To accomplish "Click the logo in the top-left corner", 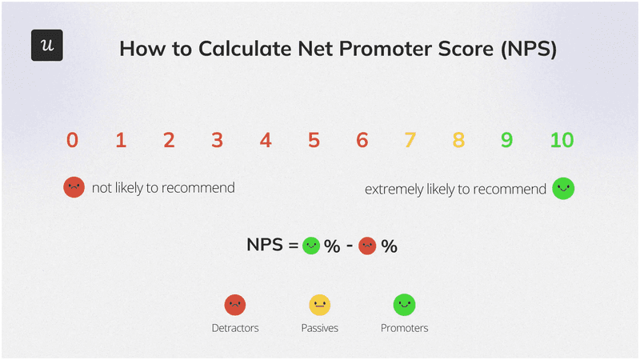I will [46, 46].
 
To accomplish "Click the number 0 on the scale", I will [72, 141].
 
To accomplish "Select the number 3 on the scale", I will [217, 141].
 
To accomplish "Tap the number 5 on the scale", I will [314, 141].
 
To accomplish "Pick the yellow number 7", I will [410, 141].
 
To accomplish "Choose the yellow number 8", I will [458, 141].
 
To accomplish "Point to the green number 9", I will [506, 141].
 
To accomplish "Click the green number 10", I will [562, 141].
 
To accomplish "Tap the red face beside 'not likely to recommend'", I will [74, 188].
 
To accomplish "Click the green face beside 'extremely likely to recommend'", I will [563, 189].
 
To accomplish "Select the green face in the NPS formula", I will [311, 246].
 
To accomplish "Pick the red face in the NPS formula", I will [368, 246].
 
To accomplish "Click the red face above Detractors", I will [235, 305].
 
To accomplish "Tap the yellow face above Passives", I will [319, 305].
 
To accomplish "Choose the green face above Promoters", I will [404, 305].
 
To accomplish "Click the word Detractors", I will [235, 328].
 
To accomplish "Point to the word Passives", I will [319, 328].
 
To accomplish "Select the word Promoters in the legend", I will [404, 328].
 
